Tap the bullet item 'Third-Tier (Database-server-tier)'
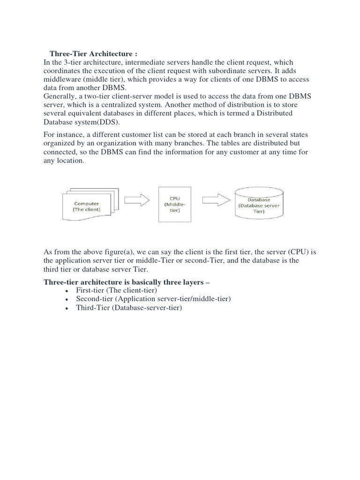[128, 307]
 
